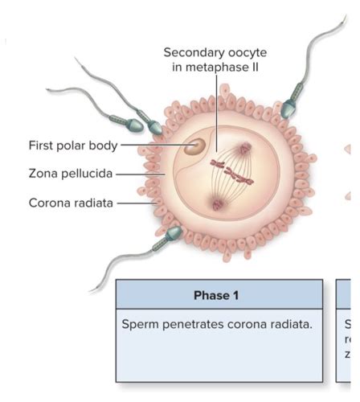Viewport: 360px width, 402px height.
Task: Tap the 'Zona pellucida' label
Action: (69, 172)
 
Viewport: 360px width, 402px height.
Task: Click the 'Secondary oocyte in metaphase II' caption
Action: (215, 59)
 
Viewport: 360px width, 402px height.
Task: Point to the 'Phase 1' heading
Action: (216, 295)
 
